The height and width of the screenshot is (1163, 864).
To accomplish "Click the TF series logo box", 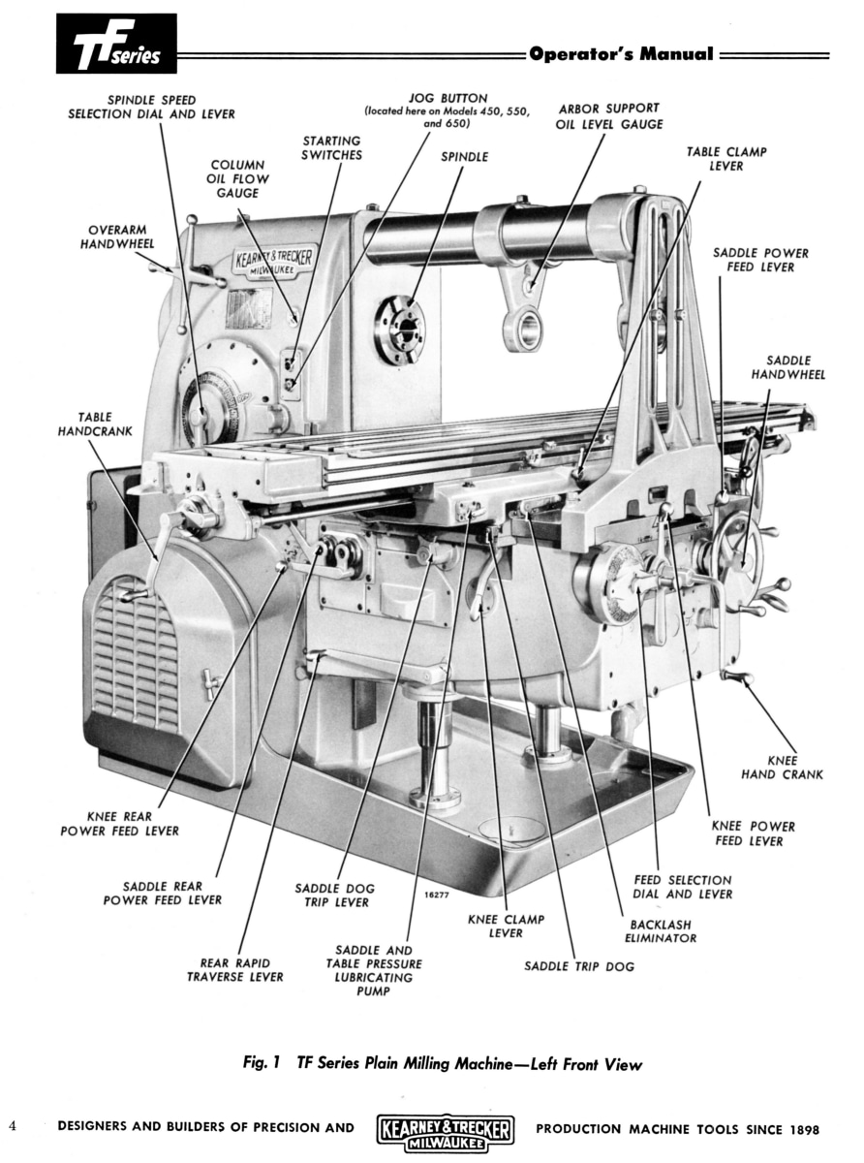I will tap(116, 45).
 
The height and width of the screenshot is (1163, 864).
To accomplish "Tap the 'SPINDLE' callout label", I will tap(465, 156).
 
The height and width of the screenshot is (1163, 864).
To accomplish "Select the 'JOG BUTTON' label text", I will tap(447, 99).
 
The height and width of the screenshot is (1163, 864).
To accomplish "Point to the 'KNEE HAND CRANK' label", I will tap(782, 768).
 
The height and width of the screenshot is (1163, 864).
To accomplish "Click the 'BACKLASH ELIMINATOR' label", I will tap(661, 930).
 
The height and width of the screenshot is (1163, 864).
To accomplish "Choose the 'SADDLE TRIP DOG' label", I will tap(579, 966).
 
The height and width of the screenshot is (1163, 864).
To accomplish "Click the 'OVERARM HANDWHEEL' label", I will tap(116, 236).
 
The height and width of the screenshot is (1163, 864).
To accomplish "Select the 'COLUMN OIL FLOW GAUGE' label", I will tap(237, 178).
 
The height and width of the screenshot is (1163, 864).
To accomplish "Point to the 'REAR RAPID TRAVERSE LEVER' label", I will tap(235, 969).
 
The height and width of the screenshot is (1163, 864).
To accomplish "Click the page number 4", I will tap(13, 1126).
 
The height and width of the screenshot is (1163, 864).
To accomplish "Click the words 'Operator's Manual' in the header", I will tap(621, 55).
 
